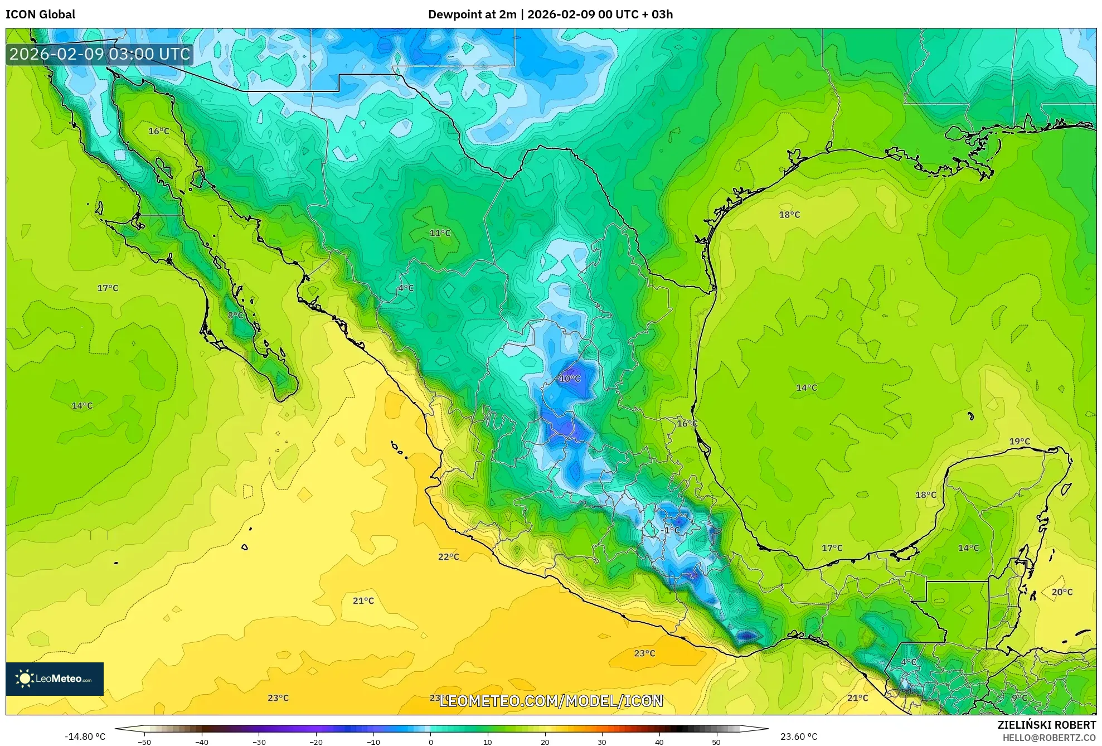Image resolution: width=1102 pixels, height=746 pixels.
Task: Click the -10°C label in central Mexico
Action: (x=569, y=379)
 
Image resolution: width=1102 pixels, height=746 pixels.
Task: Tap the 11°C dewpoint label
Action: (x=440, y=233)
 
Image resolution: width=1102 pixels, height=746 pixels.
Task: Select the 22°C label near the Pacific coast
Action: (x=448, y=556)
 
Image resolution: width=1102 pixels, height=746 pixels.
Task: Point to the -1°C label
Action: (x=671, y=530)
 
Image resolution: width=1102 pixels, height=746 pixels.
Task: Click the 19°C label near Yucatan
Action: (x=1019, y=442)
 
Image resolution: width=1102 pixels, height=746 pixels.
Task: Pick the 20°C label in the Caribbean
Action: (x=1061, y=592)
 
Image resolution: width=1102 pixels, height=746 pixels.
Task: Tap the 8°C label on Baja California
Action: (x=235, y=316)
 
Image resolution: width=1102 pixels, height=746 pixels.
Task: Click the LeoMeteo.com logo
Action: (x=55, y=679)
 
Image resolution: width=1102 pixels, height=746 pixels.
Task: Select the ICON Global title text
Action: (x=40, y=14)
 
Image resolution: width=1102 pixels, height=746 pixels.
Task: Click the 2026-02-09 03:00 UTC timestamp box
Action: (x=100, y=54)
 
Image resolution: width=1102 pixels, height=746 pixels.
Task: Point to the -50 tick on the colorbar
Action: (x=144, y=742)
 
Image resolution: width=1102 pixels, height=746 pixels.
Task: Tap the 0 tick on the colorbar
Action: (x=430, y=742)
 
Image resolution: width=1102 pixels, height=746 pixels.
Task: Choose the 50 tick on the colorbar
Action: (x=716, y=742)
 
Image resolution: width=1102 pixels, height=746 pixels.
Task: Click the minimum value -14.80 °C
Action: (x=85, y=737)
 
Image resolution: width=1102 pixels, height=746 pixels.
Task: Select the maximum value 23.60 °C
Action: (x=798, y=737)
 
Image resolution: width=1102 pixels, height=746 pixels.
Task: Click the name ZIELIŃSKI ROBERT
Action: (x=1046, y=725)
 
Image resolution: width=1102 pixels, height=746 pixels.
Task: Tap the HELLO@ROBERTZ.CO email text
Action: (x=1049, y=738)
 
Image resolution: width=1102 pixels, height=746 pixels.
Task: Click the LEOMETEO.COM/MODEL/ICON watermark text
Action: (x=551, y=701)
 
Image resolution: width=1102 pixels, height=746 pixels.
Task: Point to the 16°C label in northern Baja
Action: (x=158, y=131)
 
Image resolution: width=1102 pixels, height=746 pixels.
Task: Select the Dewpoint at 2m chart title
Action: (x=550, y=14)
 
